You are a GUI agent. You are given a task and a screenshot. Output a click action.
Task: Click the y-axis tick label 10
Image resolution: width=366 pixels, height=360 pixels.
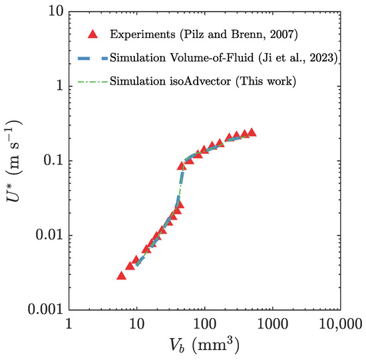pos(53,11)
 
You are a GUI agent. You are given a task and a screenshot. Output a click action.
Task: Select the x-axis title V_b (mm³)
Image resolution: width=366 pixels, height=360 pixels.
pos(204,346)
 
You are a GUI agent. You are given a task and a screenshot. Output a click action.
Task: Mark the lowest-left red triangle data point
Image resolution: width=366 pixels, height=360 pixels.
pos(122,275)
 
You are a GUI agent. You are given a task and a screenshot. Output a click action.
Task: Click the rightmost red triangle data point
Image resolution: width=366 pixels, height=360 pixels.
pos(252,133)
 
